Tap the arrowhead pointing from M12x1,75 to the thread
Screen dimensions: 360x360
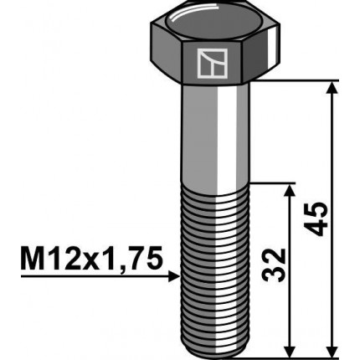(173, 275)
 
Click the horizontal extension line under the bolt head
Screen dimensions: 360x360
(301, 80)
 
